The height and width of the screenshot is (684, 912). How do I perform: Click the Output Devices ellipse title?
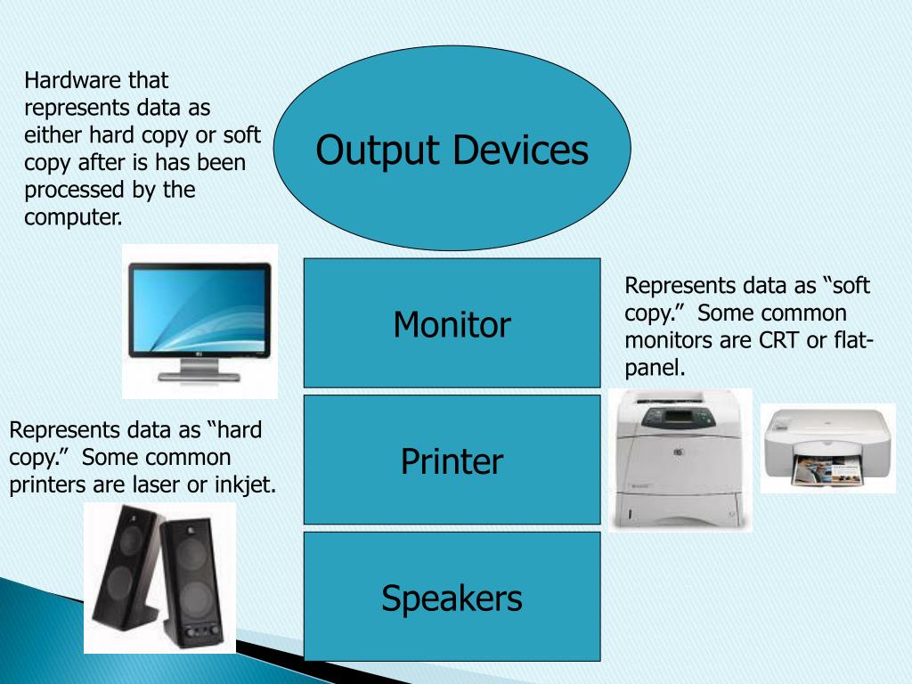point(452,150)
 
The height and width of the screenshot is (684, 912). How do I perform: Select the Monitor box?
point(452,324)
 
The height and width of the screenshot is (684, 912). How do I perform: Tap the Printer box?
point(452,461)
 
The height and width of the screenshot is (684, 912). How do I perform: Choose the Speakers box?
point(452,598)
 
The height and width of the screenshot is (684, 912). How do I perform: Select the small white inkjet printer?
point(826,448)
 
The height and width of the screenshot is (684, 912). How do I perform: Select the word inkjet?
point(245,485)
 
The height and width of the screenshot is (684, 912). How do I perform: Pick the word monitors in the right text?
point(666,339)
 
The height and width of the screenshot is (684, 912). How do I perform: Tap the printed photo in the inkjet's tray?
point(820,468)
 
